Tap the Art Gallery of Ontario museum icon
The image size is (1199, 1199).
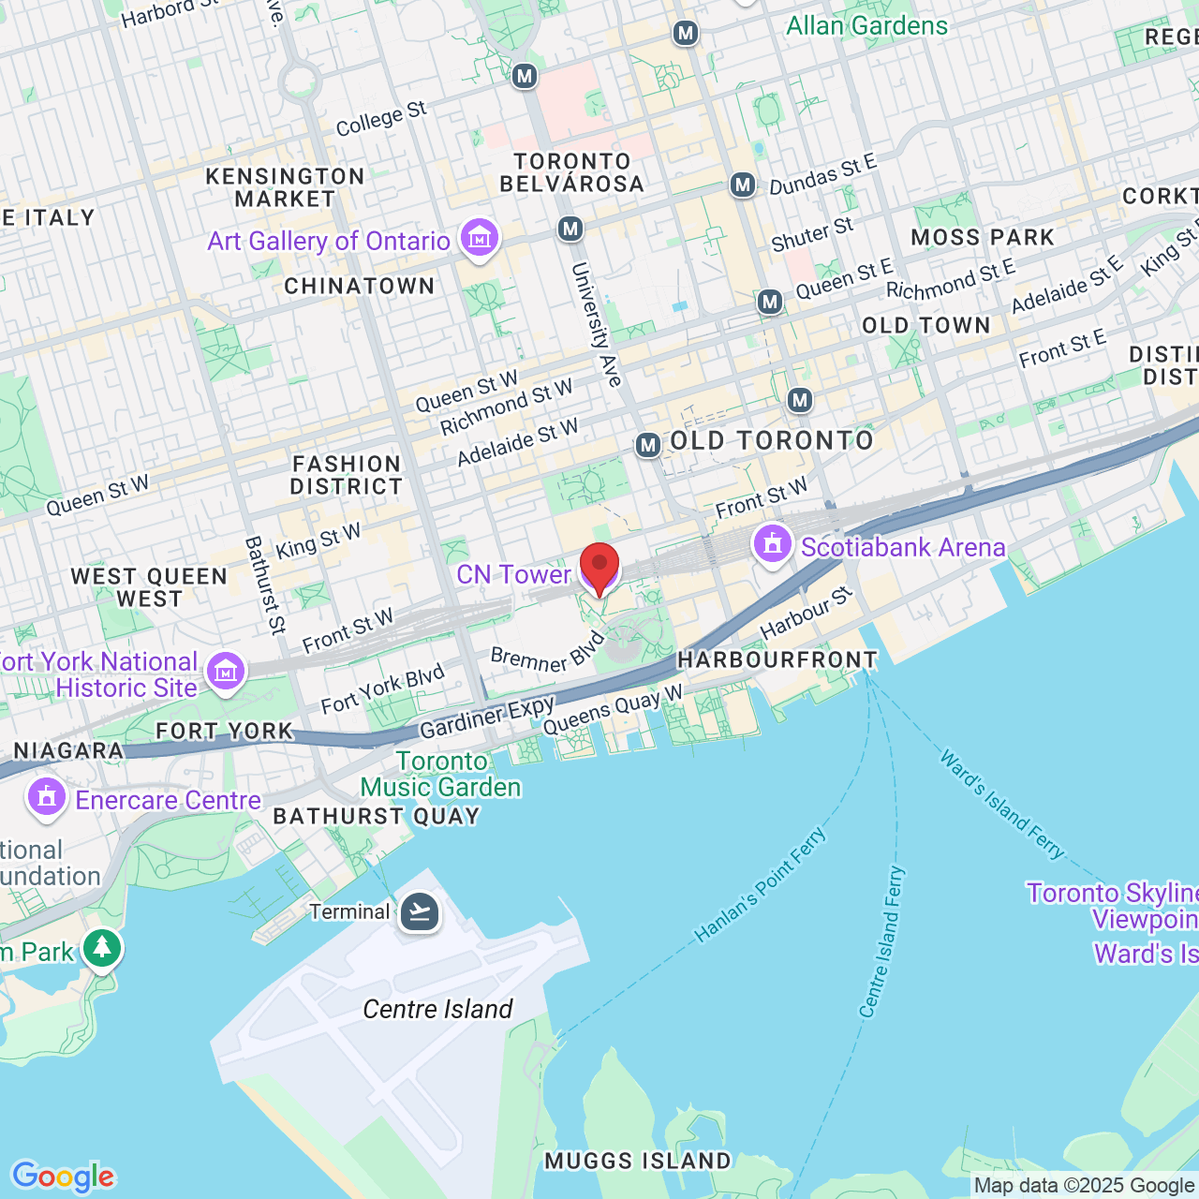click(x=480, y=239)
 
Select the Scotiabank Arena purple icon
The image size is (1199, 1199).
click(x=773, y=544)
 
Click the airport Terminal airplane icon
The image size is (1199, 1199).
click(x=420, y=910)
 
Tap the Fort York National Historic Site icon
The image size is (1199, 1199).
click(x=226, y=671)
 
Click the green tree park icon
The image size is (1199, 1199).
click(x=102, y=948)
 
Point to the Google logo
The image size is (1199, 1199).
click(x=63, y=1177)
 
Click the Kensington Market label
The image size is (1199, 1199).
click(x=285, y=187)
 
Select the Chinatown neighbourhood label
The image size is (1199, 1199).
click(x=360, y=287)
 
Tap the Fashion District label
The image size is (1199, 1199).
click(x=347, y=475)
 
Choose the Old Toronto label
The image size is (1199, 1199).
click(x=772, y=440)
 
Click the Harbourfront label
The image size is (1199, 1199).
click(x=777, y=660)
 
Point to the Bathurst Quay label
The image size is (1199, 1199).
click(x=377, y=816)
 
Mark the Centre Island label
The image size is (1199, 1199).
click(x=437, y=1009)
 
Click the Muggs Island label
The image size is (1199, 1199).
click(x=638, y=1161)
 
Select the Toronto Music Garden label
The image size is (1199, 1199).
click(x=441, y=774)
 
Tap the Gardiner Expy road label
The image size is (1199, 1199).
click(x=487, y=718)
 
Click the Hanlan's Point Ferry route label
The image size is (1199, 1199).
click(x=761, y=883)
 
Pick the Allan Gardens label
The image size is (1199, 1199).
click(x=866, y=25)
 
